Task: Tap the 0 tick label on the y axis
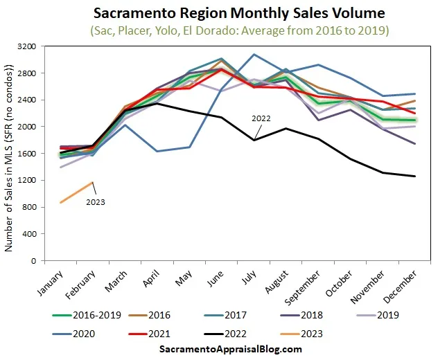33,261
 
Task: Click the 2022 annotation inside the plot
262,118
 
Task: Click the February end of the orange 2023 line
92,183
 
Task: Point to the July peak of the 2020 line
255,54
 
